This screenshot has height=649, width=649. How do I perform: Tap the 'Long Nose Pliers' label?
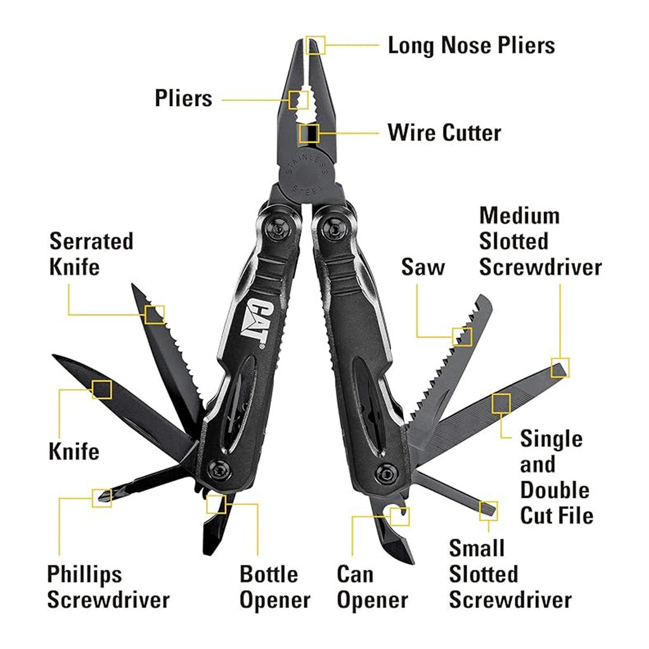pyautogui.click(x=471, y=45)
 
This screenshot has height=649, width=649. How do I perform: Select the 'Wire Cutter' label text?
pyautogui.click(x=444, y=133)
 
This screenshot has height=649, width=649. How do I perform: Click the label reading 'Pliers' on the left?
pyautogui.click(x=183, y=98)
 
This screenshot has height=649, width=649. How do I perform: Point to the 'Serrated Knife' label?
pyautogui.click(x=91, y=254)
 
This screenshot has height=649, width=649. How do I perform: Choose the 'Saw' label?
pyautogui.click(x=423, y=267)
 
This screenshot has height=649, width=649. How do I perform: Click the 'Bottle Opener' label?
pyautogui.click(x=275, y=587)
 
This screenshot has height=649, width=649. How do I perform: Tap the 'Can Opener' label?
pyautogui.click(x=373, y=587)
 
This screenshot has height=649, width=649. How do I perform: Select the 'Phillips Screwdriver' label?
pyautogui.click(x=108, y=587)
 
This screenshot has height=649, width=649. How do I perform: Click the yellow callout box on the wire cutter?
pyautogui.click(x=309, y=133)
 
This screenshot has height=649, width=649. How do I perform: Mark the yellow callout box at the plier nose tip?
pyautogui.click(x=316, y=45)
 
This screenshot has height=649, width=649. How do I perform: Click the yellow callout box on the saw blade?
pyautogui.click(x=462, y=337)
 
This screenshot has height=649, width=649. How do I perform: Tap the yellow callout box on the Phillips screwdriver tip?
pyautogui.click(x=102, y=498)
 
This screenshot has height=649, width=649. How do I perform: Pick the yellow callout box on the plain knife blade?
pyautogui.click(x=102, y=389)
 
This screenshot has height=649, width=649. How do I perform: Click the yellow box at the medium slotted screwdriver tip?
pyautogui.click(x=560, y=368)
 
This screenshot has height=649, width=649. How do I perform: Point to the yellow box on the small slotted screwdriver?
pyautogui.click(x=489, y=511)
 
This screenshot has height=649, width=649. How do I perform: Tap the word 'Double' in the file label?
pyautogui.click(x=555, y=490)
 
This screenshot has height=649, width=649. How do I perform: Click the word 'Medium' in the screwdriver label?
pyautogui.click(x=520, y=215)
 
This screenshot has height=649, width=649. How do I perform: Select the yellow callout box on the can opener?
pyautogui.click(x=400, y=517)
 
